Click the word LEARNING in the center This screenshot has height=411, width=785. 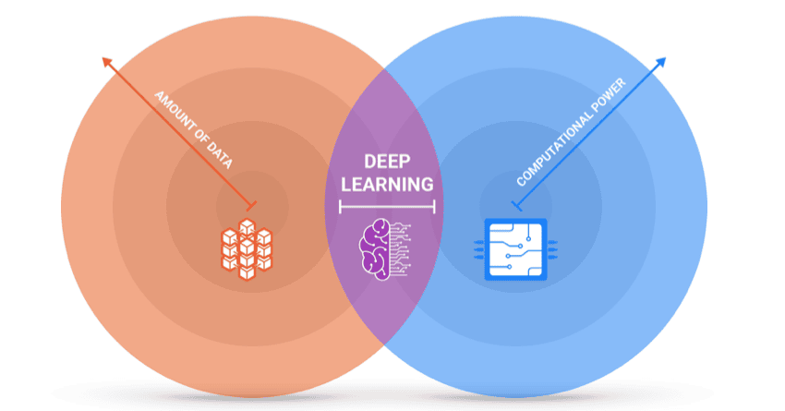386,184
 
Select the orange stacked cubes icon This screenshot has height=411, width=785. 247,248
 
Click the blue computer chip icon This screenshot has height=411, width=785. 513,248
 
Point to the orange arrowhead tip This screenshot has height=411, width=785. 103,59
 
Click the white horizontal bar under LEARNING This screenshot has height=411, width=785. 386,207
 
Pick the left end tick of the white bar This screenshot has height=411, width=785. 340,207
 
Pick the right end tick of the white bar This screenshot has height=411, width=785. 433,207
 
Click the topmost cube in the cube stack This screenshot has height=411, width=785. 247,224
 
